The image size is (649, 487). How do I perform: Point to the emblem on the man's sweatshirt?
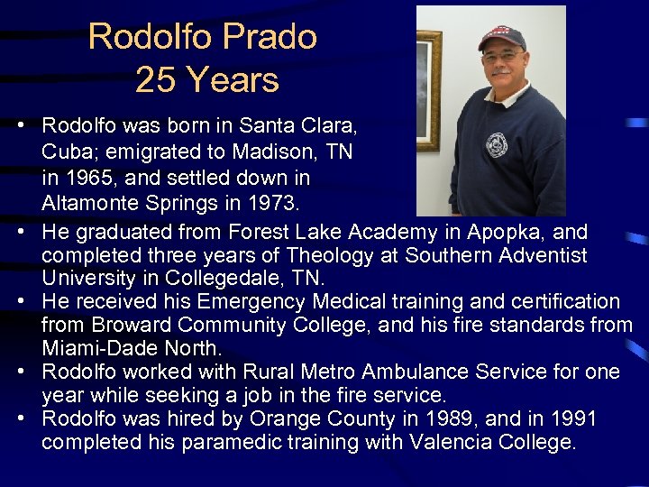[x=497, y=144]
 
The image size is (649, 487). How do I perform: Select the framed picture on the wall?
[x=429, y=90]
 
